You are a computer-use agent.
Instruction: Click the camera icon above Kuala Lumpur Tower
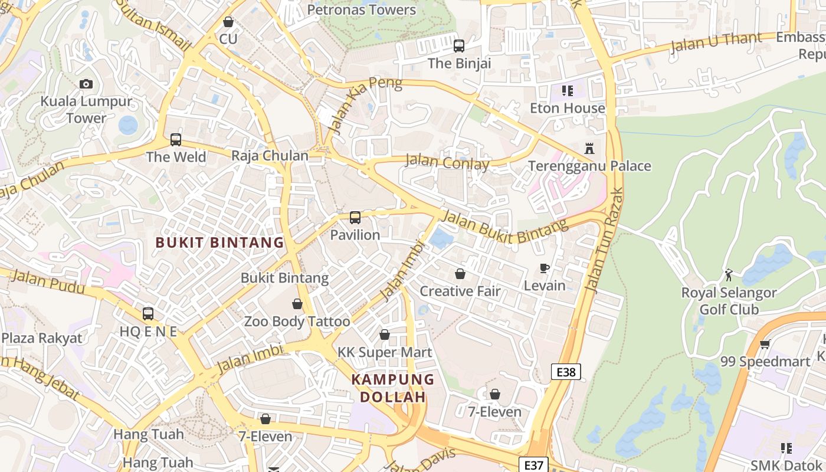click(86, 84)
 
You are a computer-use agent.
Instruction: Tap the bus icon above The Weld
click(176, 140)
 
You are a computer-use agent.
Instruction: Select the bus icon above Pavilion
click(355, 218)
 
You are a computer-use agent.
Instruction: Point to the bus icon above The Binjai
click(459, 45)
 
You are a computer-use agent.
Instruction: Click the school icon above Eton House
click(568, 91)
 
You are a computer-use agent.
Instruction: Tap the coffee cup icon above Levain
click(545, 268)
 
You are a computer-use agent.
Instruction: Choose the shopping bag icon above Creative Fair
click(460, 274)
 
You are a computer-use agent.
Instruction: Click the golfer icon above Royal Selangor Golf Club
click(729, 275)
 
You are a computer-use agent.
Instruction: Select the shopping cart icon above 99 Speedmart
click(765, 344)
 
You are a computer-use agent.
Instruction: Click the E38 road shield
click(566, 372)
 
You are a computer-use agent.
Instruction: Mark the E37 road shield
click(533, 465)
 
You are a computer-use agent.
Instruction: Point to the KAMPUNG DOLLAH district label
click(393, 388)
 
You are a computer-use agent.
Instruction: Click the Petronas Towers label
click(362, 9)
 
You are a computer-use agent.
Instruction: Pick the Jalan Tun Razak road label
click(602, 240)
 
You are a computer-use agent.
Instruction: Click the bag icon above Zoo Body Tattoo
click(297, 304)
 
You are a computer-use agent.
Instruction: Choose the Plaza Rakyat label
click(42, 338)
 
